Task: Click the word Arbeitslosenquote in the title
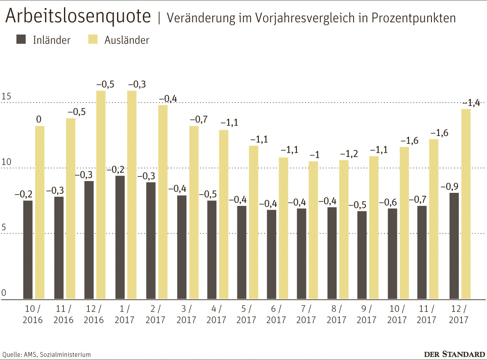click(x=78, y=16)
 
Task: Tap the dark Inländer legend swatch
click(x=21, y=40)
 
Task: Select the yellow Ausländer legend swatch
click(x=93, y=40)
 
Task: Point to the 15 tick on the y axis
click(x=5, y=97)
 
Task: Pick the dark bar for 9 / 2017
click(x=362, y=255)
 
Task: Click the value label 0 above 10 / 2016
click(x=39, y=120)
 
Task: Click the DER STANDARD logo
click(x=454, y=354)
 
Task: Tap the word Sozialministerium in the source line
click(x=66, y=355)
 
